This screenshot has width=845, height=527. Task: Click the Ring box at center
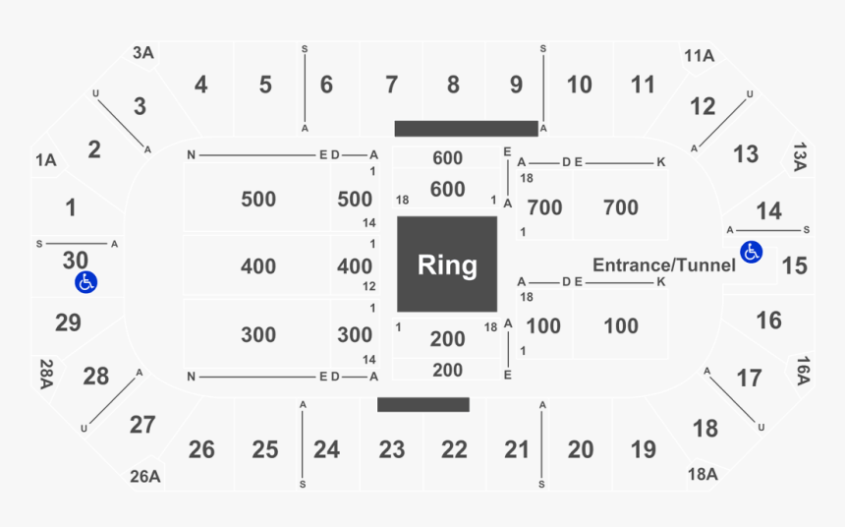[x=447, y=264]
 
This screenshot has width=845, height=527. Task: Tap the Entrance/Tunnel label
[x=664, y=264]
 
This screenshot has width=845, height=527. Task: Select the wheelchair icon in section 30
[x=85, y=283]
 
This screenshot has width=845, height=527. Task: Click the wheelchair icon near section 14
[x=752, y=252]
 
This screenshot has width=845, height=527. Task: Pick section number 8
[x=453, y=86]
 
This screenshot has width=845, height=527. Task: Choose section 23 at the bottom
[x=392, y=450]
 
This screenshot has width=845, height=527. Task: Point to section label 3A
[x=144, y=53]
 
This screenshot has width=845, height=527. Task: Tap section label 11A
[x=700, y=56]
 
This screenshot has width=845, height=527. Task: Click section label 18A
[x=703, y=474]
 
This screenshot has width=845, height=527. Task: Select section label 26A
[x=144, y=477]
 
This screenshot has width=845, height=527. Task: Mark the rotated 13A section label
[x=799, y=157]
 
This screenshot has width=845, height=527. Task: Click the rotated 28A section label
[x=45, y=373]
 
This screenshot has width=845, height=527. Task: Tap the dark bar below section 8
[x=467, y=129]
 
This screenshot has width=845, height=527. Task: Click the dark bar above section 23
[x=423, y=404]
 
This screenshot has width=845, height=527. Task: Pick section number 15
[x=794, y=265]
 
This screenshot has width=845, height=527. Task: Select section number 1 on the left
[x=71, y=208]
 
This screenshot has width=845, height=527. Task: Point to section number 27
[x=142, y=425]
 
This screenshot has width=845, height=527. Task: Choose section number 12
[x=703, y=106]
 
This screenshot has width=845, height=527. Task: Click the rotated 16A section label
[x=803, y=370]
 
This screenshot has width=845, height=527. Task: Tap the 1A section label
[x=45, y=159]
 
